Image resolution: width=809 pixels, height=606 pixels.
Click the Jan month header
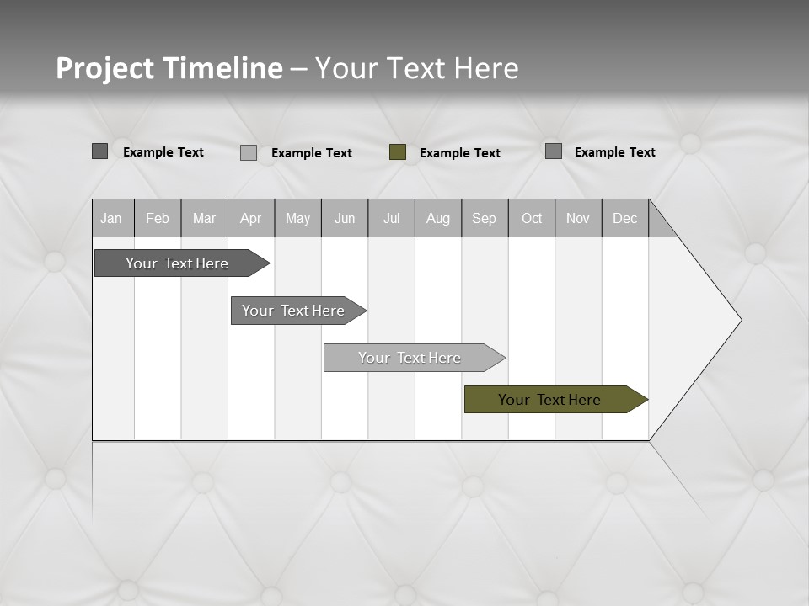click(112, 218)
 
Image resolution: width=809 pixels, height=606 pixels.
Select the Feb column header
click(158, 218)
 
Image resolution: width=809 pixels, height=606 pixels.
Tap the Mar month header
click(204, 218)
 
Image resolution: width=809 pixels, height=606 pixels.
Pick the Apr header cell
click(251, 218)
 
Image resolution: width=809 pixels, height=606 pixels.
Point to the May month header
click(297, 218)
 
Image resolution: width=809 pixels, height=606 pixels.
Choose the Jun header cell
click(345, 218)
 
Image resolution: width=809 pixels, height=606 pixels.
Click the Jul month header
click(391, 218)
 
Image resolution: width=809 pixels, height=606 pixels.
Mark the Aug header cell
click(438, 218)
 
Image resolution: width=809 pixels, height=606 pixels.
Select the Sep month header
click(485, 218)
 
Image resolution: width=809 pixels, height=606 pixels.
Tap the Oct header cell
click(532, 218)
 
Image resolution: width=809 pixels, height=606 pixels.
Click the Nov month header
click(578, 218)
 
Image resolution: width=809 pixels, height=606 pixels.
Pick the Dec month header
click(625, 218)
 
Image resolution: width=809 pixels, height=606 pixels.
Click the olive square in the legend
click(398, 152)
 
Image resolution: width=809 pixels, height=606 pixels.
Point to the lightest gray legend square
click(249, 152)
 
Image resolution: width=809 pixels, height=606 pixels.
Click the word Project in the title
click(105, 68)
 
